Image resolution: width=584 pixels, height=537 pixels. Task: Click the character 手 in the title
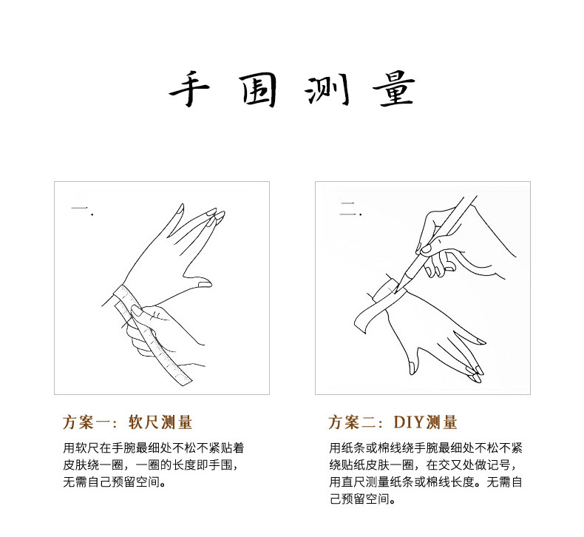click(189, 89)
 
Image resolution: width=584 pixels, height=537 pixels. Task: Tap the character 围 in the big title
click(259, 89)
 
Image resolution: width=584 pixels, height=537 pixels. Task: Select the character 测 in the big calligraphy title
click(327, 90)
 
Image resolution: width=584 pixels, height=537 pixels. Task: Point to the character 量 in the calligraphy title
click(394, 89)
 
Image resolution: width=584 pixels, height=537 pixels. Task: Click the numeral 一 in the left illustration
click(80, 208)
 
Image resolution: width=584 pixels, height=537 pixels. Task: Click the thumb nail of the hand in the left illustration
click(204, 285)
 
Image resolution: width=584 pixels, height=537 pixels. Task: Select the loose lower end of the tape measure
click(185, 381)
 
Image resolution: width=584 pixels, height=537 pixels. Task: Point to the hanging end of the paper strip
click(361, 323)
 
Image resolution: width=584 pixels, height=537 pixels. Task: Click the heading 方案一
click(86, 422)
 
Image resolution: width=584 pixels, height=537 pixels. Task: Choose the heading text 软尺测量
click(160, 422)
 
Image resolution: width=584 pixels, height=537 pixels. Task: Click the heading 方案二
click(353, 422)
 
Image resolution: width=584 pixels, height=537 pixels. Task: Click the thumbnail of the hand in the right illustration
click(412, 368)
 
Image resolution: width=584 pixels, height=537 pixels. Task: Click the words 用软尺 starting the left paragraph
click(81, 447)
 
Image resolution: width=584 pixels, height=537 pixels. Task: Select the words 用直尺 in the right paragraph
click(347, 482)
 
